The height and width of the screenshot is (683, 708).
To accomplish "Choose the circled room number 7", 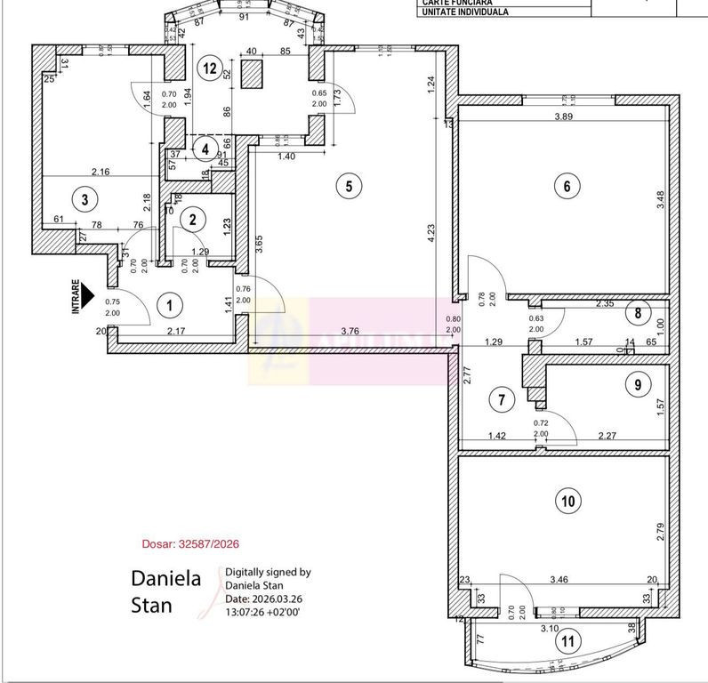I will [x=503, y=400].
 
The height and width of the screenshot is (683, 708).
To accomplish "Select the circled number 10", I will [x=566, y=501].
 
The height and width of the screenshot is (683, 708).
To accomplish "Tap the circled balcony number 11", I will [x=566, y=638].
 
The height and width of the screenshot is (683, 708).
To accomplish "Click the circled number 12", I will [x=209, y=67].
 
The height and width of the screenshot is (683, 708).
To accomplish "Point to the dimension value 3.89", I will [x=562, y=117].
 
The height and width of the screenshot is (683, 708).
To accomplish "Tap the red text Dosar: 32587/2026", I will [x=191, y=543].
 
